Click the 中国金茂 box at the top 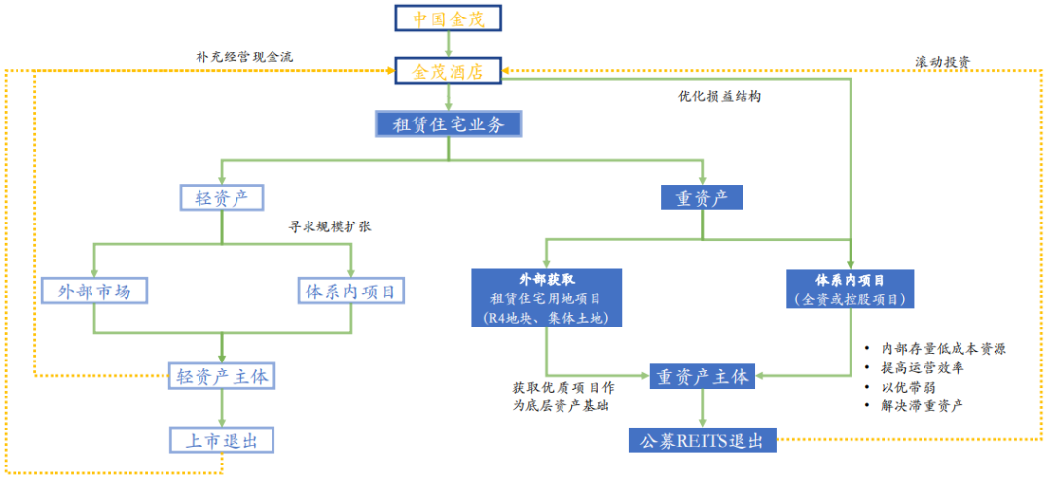[449, 17]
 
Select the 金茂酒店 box [449, 71]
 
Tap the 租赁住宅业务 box [449, 123]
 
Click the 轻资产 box [222, 198]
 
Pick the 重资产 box [702, 198]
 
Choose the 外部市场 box [94, 291]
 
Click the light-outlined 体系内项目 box [350, 291]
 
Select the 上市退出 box [222, 439]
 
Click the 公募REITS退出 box [702, 440]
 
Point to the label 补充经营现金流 [244, 56]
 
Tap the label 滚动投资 [942, 62]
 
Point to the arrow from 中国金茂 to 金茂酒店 [449, 45]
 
